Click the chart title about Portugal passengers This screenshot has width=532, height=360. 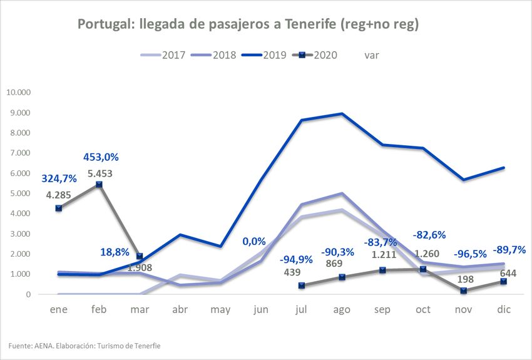[x=248, y=24]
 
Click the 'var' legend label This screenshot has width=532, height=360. [x=372, y=55]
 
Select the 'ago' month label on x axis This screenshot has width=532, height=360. [x=341, y=310]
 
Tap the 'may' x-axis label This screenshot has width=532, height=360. [x=220, y=310]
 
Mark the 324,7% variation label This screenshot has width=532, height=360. [x=59, y=179]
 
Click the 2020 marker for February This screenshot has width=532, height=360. [x=99, y=185]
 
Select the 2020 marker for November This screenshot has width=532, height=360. [x=463, y=291]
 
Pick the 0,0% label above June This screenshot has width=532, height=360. [x=255, y=242]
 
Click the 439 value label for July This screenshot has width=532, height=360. [x=292, y=272]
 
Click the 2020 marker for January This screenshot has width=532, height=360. [x=59, y=208]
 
